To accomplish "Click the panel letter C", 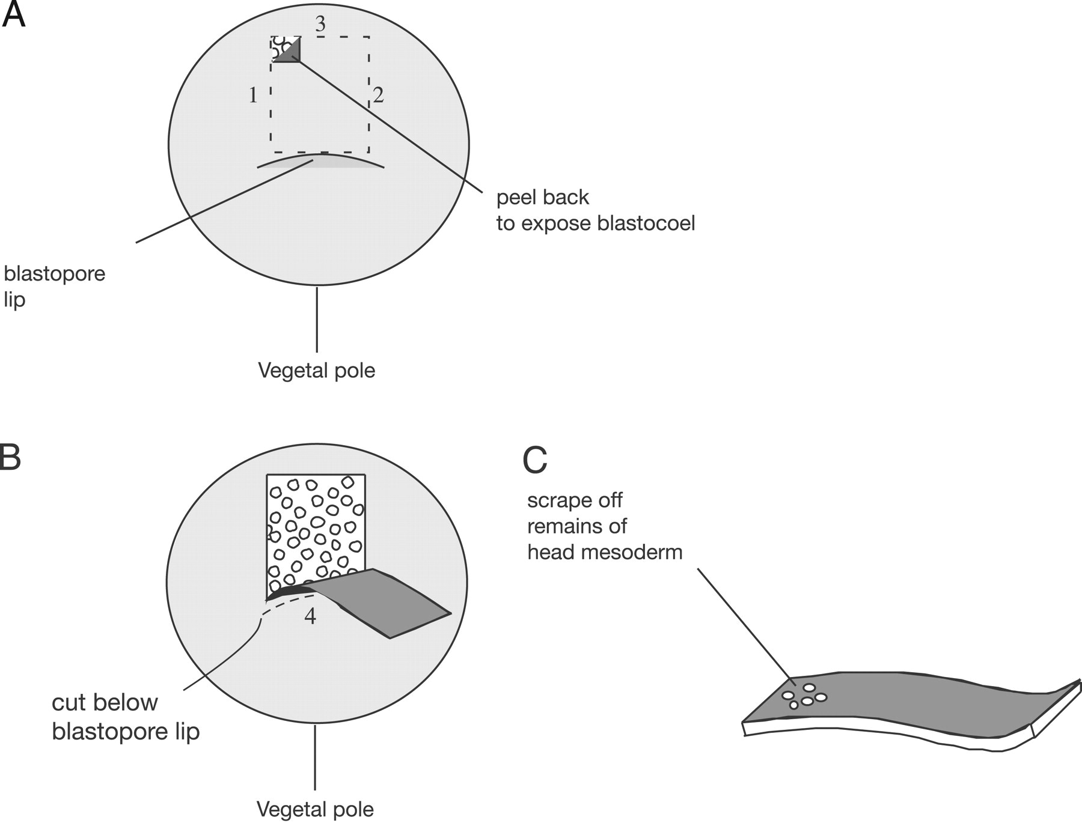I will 534,460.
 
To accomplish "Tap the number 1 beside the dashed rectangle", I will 253,95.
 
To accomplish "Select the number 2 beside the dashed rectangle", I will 378,95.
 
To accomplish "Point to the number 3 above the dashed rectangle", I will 320,24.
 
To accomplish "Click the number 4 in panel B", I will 310,616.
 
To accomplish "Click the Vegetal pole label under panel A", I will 316,370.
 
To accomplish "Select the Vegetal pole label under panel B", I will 315,809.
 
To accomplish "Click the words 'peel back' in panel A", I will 542,197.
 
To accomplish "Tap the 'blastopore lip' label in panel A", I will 54,286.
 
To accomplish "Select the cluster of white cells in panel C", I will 804,696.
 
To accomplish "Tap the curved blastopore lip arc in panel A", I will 320,160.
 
